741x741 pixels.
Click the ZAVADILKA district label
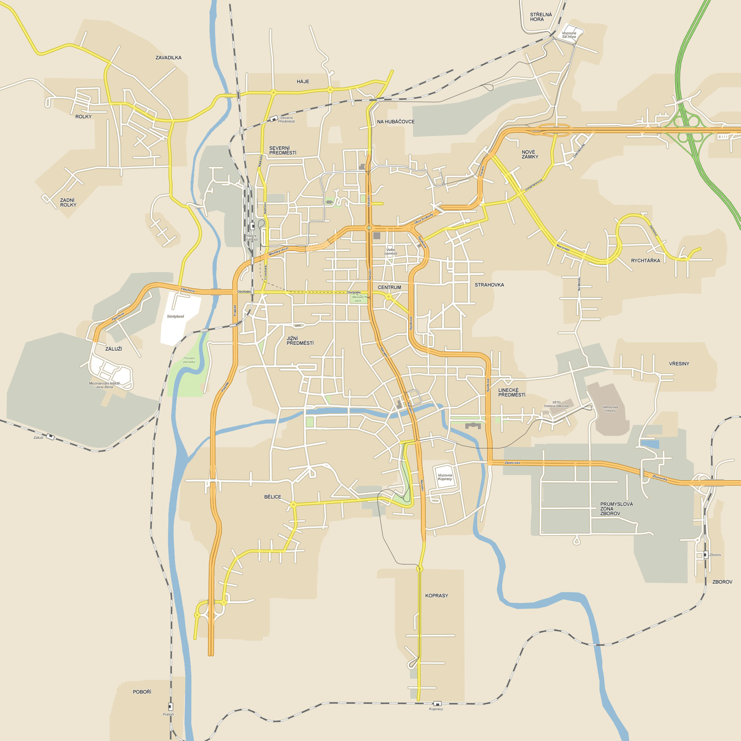click(x=168, y=58)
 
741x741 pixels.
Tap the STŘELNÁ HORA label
click(x=541, y=17)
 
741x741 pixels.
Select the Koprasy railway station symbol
click(x=437, y=703)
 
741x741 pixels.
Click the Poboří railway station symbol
click(x=171, y=707)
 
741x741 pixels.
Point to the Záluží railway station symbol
click(x=50, y=436)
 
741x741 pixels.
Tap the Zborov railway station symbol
click(x=705, y=555)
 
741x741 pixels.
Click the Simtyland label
click(x=175, y=317)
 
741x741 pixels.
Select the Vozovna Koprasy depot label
click(x=445, y=477)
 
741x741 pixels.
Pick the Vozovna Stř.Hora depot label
click(x=569, y=35)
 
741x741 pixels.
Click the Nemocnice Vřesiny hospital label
click(x=610, y=409)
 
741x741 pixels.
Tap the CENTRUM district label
click(x=389, y=287)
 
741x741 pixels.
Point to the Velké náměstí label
click(x=390, y=251)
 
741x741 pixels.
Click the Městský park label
click(x=358, y=299)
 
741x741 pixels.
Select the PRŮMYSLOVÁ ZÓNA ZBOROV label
click(x=616, y=509)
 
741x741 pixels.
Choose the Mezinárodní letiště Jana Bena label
click(x=104, y=385)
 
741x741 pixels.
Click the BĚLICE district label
click(x=273, y=497)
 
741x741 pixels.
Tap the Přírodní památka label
click(x=189, y=360)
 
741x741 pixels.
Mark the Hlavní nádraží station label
click(x=251, y=237)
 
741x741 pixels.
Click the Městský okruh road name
click(x=279, y=251)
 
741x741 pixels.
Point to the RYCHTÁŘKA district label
click(x=645, y=261)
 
